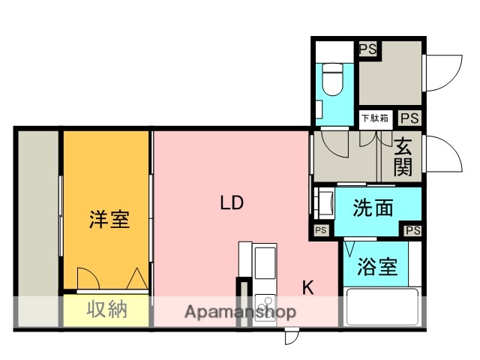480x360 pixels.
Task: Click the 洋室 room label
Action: tap(109, 220)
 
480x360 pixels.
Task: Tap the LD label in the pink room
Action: tap(232, 202)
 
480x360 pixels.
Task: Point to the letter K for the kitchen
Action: tap(307, 286)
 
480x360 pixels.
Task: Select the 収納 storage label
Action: tap(106, 309)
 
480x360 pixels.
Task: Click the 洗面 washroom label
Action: tap(373, 209)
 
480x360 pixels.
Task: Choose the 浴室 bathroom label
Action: tap(377, 266)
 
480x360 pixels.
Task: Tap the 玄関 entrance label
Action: tap(403, 156)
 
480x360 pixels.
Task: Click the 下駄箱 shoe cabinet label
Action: tap(374, 118)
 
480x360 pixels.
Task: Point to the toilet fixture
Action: tap(332, 79)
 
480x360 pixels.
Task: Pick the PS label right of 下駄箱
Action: tap(409, 118)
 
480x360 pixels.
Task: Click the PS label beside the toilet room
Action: tap(367, 49)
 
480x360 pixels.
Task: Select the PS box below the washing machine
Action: tap(321, 229)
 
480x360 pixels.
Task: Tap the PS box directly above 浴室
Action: tap(412, 229)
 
